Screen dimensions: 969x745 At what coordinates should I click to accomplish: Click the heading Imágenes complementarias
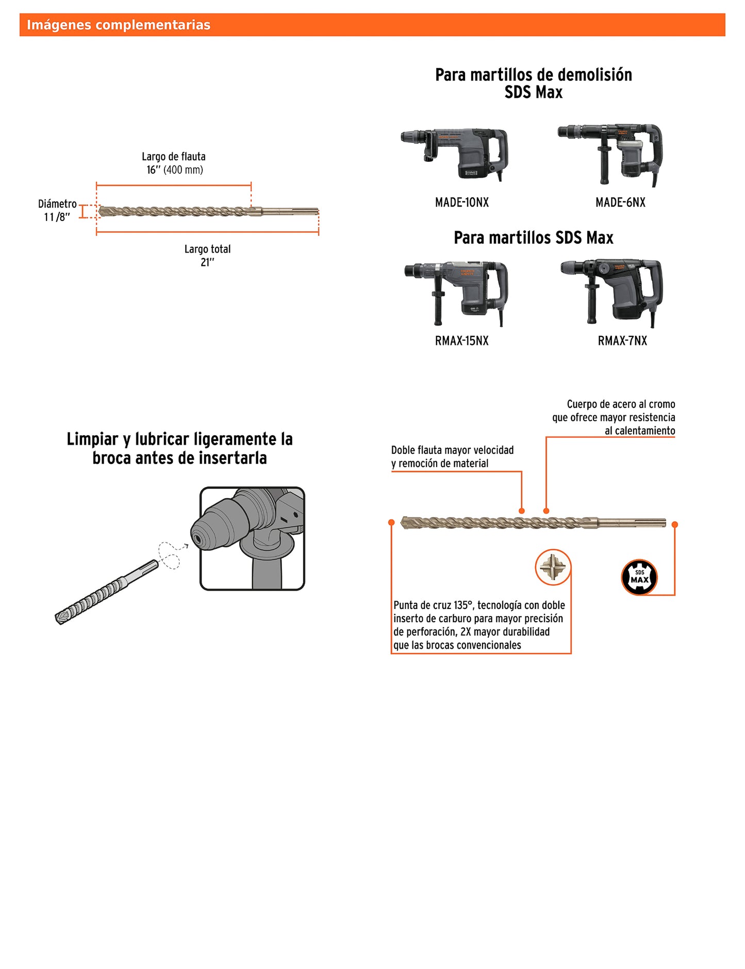[x=119, y=25]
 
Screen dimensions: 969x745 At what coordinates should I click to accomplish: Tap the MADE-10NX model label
[x=461, y=202]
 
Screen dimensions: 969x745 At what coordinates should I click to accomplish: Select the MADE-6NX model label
[x=620, y=202]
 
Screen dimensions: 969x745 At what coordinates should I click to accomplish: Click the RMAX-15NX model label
[x=461, y=341]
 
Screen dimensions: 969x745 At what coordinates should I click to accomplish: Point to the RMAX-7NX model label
[x=622, y=341]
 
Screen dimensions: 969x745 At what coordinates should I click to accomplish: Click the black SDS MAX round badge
[x=639, y=577]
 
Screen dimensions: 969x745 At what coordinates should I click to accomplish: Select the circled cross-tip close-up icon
[x=553, y=567]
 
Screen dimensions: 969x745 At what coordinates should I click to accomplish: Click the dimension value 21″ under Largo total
[x=207, y=262]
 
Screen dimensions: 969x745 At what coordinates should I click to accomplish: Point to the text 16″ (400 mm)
[x=175, y=170]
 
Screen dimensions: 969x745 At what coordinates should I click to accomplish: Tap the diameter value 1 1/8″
[x=57, y=217]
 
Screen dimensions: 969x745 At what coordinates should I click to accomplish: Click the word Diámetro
[x=57, y=204]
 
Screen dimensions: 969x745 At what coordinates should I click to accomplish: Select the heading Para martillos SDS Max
[x=534, y=237]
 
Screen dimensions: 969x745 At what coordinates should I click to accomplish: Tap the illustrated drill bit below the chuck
[x=106, y=592]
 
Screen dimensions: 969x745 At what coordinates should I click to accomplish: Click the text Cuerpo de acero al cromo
[x=621, y=404]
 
